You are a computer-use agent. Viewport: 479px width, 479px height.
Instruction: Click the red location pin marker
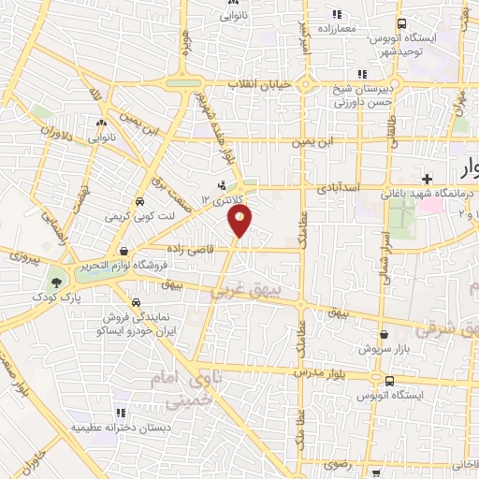(240, 221)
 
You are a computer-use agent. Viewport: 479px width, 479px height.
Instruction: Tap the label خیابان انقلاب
(261, 84)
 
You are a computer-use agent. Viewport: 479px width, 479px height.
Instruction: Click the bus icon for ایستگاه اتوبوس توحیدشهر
(401, 24)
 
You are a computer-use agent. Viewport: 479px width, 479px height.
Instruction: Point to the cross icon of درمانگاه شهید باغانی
(427, 178)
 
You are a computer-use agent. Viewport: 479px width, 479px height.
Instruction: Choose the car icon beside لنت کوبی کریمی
(138, 201)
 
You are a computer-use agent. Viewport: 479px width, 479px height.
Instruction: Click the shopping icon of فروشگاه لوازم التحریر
(125, 250)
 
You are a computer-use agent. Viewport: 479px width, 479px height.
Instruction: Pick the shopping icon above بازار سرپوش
(384, 333)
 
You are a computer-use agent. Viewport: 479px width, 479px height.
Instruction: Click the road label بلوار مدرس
(317, 371)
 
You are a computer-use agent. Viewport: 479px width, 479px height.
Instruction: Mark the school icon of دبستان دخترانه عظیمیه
(120, 412)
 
